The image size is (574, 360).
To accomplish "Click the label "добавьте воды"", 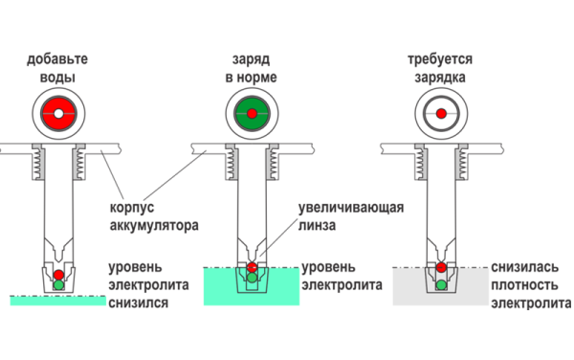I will tap(58, 68).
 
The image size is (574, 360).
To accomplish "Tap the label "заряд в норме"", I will tap(251, 68).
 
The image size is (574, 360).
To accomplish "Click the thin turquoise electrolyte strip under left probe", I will tap(58, 301).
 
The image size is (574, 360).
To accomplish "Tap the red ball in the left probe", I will tap(58, 272).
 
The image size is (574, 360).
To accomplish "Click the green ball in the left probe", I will tap(58, 284).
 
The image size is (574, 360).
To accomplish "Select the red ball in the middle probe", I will tap(251, 267).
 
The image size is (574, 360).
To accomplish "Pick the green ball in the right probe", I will tap(441, 284).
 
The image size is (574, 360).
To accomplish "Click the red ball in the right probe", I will tap(441, 267).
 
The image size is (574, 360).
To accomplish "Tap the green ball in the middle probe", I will tap(251, 280).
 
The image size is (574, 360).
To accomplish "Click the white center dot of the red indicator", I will tap(58, 114).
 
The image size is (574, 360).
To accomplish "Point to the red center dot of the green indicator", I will tap(251, 114).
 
